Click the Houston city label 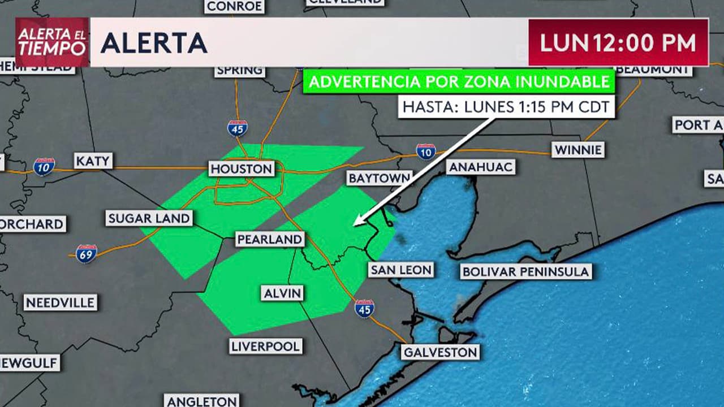coord(242,168)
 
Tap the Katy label coord(93,161)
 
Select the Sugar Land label coord(149,218)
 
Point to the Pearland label coord(269,239)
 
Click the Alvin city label coord(282,293)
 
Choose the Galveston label coord(440,352)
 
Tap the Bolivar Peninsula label coord(525,271)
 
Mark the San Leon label coord(401,270)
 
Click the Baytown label coord(379,178)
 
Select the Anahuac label coord(480,167)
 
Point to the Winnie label coord(578,150)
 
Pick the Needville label coord(60,302)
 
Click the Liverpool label coord(266,346)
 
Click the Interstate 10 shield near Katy coord(44,167)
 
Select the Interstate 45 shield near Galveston coord(364,308)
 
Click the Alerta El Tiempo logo coord(52,42)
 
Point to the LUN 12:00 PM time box coord(618,42)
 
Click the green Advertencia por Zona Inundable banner coord(459,81)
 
